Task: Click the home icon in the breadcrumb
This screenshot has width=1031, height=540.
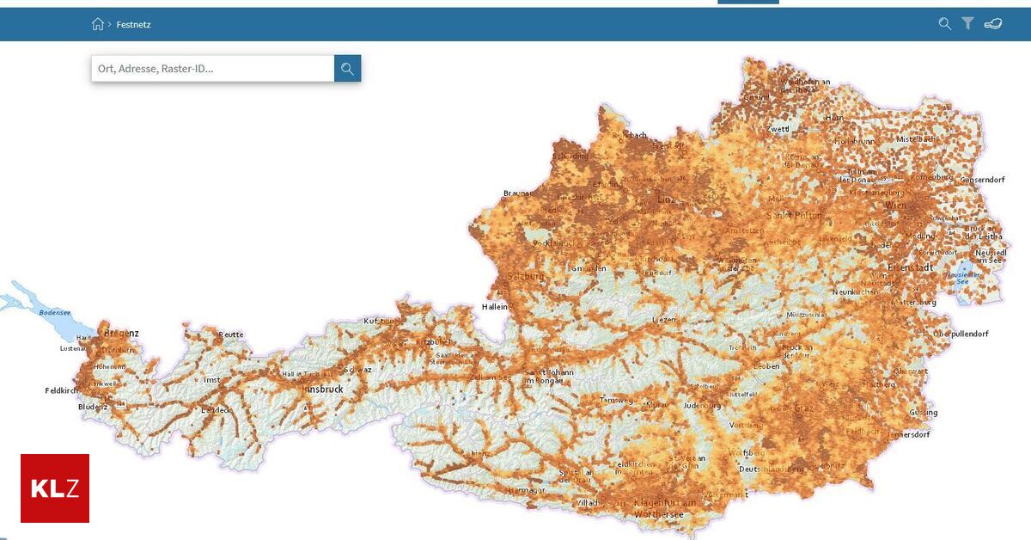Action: pyautogui.click(x=98, y=24)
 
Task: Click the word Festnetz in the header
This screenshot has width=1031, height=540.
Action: pyautogui.click(x=134, y=25)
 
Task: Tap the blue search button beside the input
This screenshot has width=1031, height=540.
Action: pyautogui.click(x=347, y=69)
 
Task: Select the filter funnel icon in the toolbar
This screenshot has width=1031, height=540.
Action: pyautogui.click(x=967, y=24)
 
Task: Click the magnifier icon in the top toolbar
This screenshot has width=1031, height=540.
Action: pyautogui.click(x=945, y=24)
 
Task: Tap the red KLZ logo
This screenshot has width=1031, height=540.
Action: pyautogui.click(x=55, y=488)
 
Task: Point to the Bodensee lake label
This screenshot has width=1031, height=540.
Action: pyautogui.click(x=56, y=313)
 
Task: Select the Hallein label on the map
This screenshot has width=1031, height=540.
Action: pyautogui.click(x=495, y=306)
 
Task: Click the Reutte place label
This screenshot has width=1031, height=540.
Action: pyautogui.click(x=231, y=334)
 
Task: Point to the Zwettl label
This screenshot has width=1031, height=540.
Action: pyautogui.click(x=778, y=129)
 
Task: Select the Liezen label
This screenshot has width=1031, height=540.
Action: pyautogui.click(x=664, y=319)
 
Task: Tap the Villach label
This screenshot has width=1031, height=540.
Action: pyautogui.click(x=589, y=502)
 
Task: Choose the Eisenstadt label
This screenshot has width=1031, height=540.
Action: pyautogui.click(x=910, y=267)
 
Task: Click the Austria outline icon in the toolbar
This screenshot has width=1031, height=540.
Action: pyautogui.click(x=993, y=24)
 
